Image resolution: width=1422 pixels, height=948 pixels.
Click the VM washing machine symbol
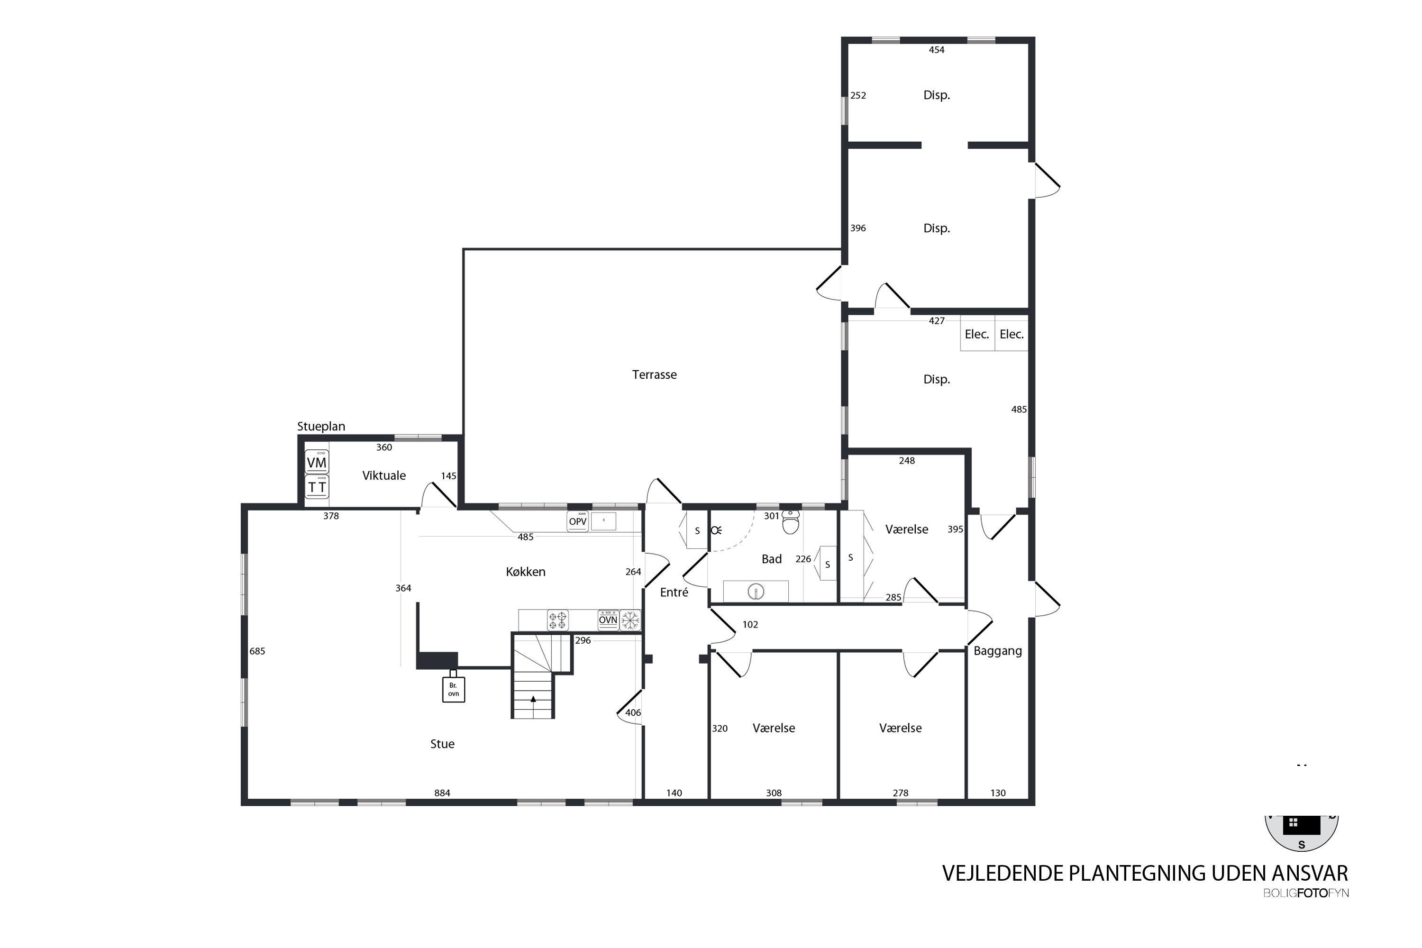click(x=317, y=462)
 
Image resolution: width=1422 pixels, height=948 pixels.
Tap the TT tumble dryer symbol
click(x=317, y=487)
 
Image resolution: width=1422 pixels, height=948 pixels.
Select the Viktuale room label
click(x=384, y=476)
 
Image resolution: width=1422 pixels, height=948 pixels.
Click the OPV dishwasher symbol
click(x=578, y=521)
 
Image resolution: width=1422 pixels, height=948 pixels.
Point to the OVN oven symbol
click(x=608, y=620)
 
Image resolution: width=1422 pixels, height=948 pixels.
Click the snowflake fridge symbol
click(x=630, y=620)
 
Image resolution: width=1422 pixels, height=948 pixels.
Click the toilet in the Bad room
click(x=791, y=522)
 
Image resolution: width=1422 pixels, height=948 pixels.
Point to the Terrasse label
click(x=654, y=375)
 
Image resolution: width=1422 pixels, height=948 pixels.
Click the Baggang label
click(x=998, y=651)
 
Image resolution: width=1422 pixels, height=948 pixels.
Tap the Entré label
click(x=674, y=592)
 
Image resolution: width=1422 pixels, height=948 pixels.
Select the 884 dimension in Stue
click(x=442, y=793)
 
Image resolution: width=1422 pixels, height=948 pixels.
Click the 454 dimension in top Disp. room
click(x=937, y=50)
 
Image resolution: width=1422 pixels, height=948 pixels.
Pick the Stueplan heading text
click(x=321, y=426)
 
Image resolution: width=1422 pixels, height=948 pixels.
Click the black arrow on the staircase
click(x=533, y=699)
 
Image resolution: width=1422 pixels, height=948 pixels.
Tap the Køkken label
click(x=525, y=572)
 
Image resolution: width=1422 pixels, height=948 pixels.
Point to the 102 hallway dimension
click(x=750, y=625)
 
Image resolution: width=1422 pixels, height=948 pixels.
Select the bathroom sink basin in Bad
click(x=756, y=591)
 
